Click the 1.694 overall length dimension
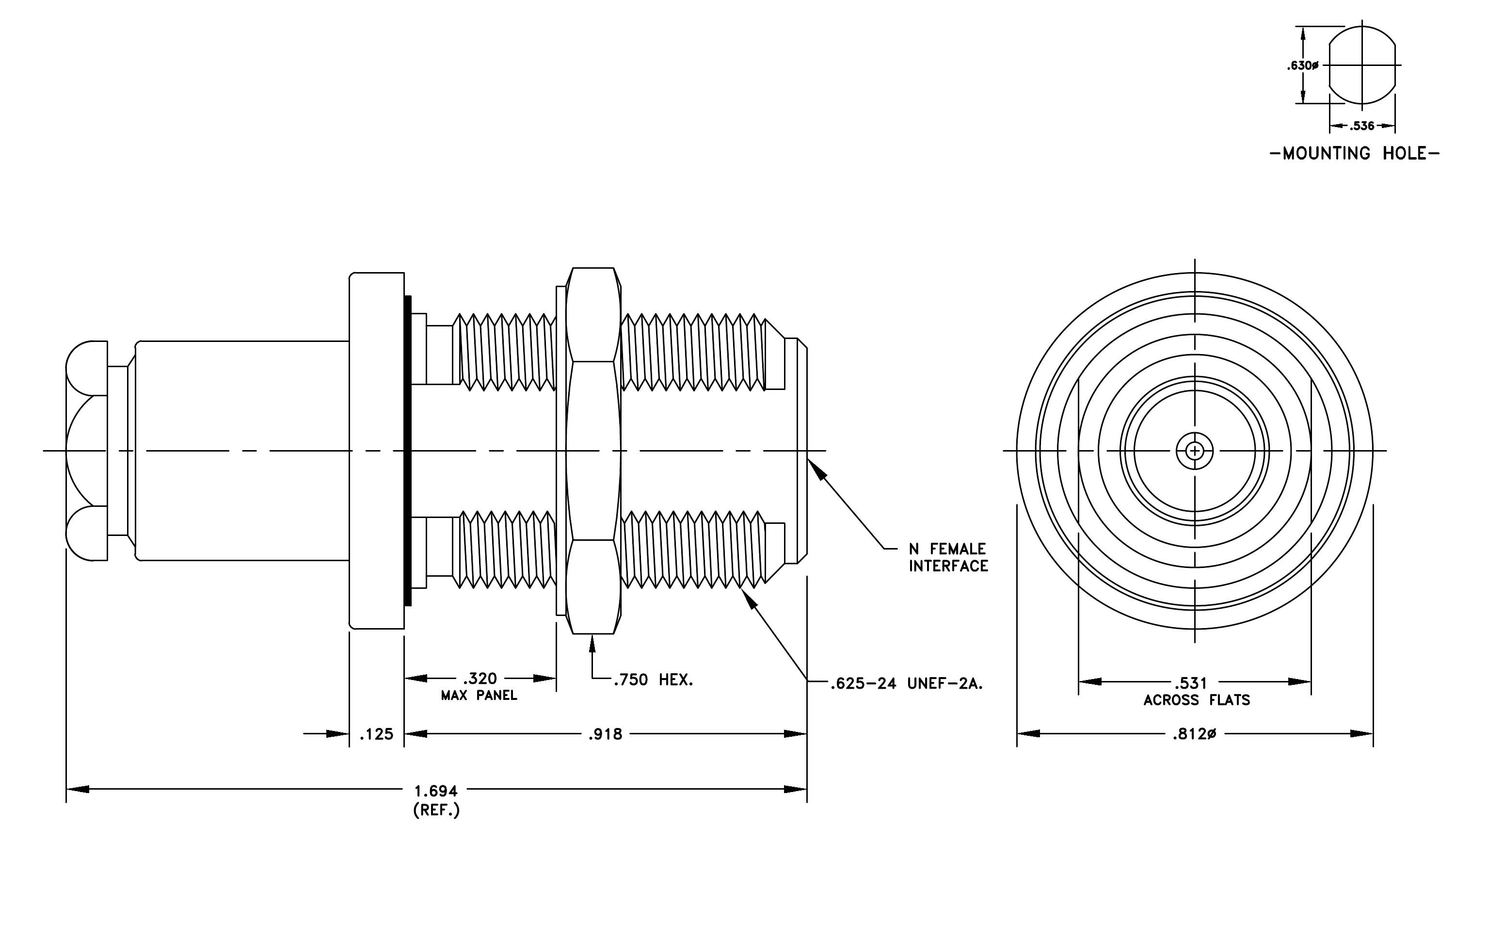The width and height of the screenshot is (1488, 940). click(x=436, y=791)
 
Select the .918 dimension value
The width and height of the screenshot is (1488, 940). click(x=605, y=734)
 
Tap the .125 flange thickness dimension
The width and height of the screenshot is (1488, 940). click(x=376, y=734)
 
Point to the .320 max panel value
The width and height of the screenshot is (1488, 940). click(x=480, y=679)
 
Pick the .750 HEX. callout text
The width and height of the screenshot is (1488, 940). click(x=653, y=681)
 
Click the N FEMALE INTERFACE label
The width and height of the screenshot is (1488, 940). click(x=948, y=557)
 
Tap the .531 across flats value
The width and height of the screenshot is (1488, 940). click(x=1190, y=683)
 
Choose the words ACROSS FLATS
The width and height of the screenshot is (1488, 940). click(x=1196, y=700)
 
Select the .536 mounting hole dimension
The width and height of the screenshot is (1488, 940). click(x=1361, y=126)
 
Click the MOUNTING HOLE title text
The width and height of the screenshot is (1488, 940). click(x=1355, y=153)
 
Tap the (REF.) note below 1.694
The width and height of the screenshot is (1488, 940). click(x=436, y=810)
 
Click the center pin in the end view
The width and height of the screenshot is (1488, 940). click(x=1195, y=451)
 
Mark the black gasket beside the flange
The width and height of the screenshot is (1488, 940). click(x=408, y=451)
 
